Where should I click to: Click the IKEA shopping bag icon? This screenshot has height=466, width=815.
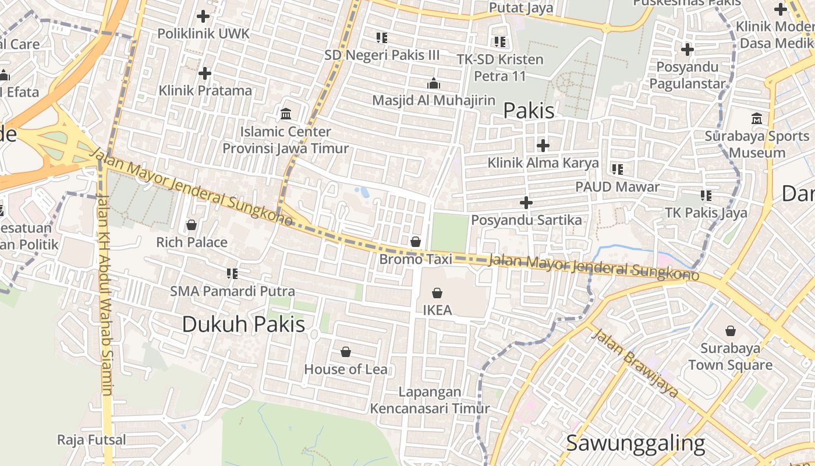(x=437, y=293)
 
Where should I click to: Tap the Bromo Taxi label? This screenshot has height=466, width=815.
(x=416, y=259)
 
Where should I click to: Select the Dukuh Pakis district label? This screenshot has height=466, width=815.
(x=243, y=324)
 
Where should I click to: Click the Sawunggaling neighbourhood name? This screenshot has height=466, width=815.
(x=635, y=443)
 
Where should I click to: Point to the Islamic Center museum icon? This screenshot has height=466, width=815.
(x=286, y=114)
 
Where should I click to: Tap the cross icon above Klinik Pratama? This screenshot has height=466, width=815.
(x=204, y=73)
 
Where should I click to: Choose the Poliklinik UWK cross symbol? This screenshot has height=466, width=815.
(x=203, y=16)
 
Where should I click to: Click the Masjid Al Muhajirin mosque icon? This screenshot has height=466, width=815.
(x=434, y=83)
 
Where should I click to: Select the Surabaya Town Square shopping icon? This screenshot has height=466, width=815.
(x=731, y=331)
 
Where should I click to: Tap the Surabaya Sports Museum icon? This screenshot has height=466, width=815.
(x=757, y=118)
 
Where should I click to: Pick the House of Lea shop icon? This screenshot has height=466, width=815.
(x=346, y=352)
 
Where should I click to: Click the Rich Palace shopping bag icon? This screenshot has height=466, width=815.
(x=192, y=225)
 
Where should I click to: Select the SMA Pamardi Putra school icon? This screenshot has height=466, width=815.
(x=232, y=273)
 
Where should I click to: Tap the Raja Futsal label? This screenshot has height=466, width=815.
(x=91, y=440)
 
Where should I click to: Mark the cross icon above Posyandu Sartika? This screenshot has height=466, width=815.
(x=526, y=203)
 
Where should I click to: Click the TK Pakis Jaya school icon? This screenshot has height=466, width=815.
(x=706, y=196)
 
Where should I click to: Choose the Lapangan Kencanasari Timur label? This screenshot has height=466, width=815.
(x=430, y=400)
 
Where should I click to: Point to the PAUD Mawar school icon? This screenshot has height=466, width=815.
(x=618, y=170)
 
